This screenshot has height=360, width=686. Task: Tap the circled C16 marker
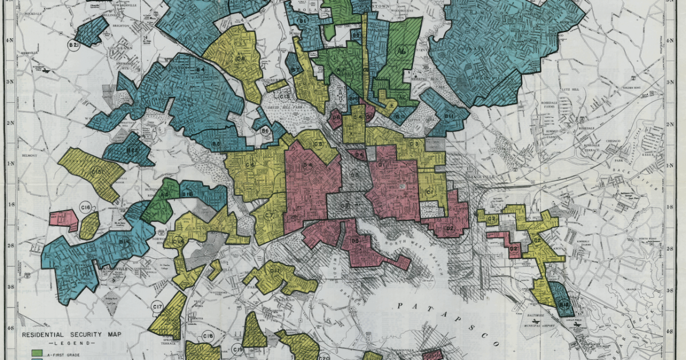86,207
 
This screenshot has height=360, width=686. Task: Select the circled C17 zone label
158,308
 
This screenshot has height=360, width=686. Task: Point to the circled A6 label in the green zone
401,50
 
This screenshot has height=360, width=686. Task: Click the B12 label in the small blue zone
564,305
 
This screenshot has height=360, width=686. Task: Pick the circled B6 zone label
265,131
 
